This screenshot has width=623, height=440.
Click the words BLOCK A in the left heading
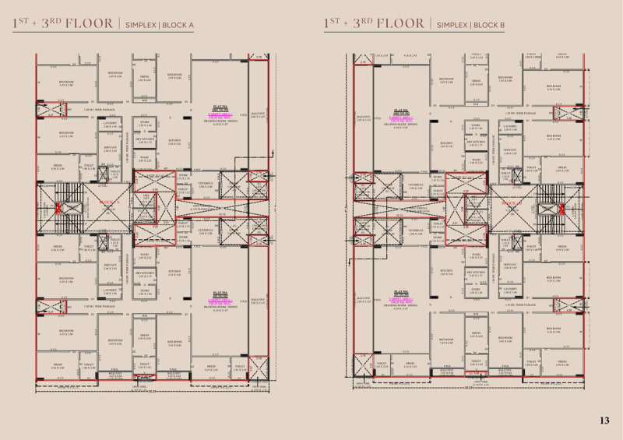pyautogui.click(x=198, y=25)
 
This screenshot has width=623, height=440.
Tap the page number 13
pyautogui.click(x=604, y=421)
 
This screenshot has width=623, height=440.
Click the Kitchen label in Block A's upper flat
pyautogui.click(x=175, y=142)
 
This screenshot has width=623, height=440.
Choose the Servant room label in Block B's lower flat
pyautogui.click(x=510, y=265)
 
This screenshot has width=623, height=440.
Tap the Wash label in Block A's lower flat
pyautogui.click(x=145, y=255)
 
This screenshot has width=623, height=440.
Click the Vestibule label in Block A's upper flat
pyautogui.click(x=206, y=186)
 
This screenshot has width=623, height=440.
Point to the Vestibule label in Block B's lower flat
pyautogui.click(x=415, y=231)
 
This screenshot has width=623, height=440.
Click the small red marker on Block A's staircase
pyautogui.click(x=57, y=208)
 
